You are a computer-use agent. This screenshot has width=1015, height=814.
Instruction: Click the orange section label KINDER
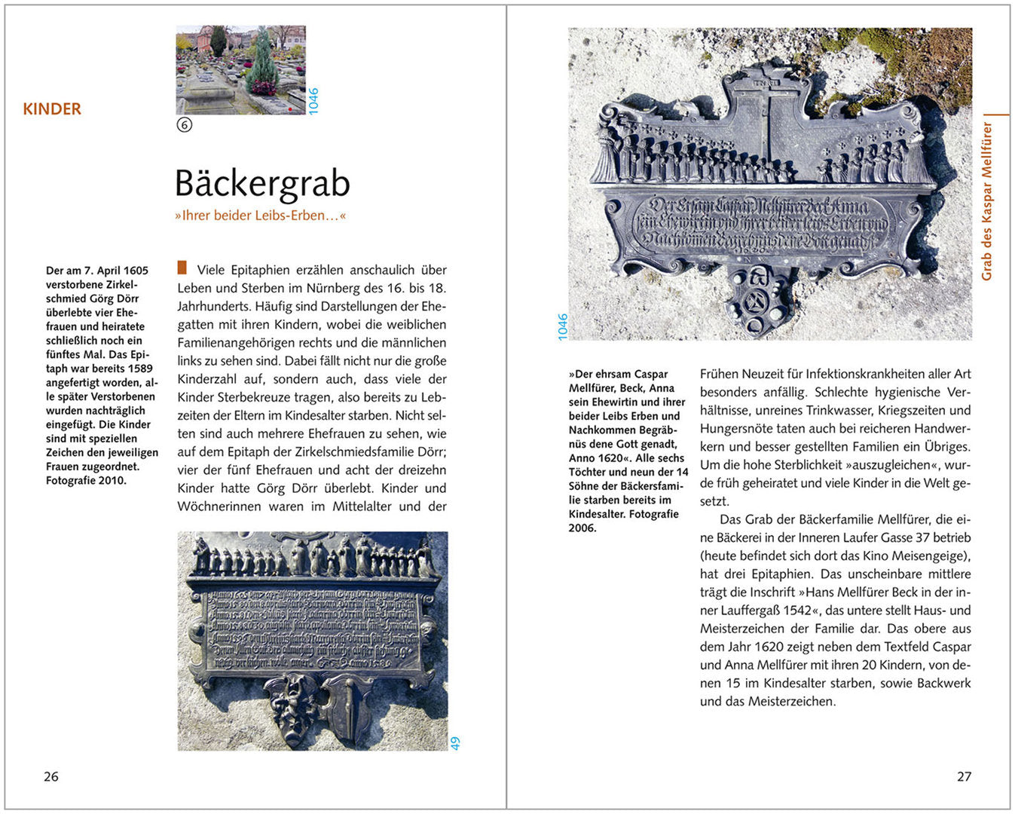tap(52, 109)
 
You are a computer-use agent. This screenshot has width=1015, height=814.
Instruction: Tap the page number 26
tap(50, 776)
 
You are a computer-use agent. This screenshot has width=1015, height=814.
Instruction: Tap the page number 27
tap(964, 776)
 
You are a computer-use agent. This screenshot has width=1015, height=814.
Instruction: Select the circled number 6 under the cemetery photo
tap(185, 125)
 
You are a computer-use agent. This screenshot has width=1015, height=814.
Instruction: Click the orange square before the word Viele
tap(182, 268)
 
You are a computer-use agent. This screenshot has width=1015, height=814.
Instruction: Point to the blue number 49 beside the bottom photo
tap(455, 743)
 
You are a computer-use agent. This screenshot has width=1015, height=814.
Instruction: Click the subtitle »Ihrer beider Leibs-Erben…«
tap(260, 216)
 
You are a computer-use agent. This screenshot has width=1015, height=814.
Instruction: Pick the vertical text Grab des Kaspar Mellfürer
tap(987, 201)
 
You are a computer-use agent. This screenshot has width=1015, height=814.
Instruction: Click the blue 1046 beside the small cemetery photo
tap(313, 101)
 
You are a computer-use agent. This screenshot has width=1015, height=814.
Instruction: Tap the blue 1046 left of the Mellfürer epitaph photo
tap(562, 327)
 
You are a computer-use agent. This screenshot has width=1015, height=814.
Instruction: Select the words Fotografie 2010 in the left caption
tap(86, 480)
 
